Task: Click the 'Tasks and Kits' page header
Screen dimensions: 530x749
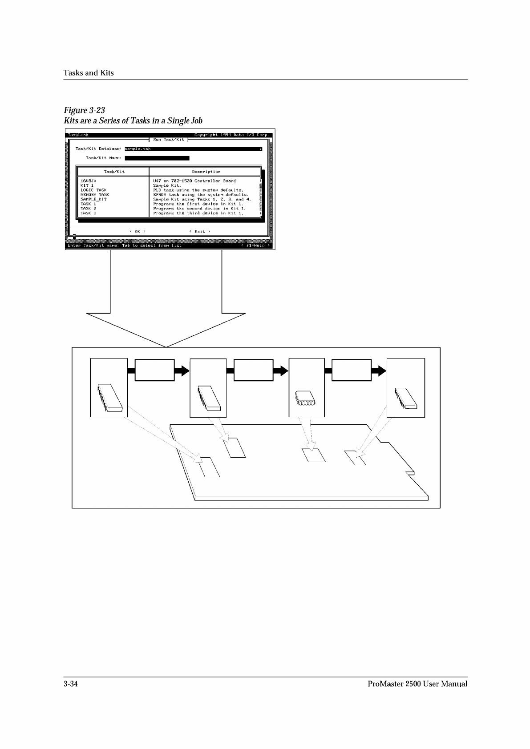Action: (89, 73)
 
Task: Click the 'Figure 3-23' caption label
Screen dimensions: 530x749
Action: (85, 110)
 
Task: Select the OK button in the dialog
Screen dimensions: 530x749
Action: (138, 231)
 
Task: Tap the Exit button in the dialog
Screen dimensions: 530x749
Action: (200, 231)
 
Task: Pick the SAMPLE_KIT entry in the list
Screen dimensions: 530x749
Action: (93, 199)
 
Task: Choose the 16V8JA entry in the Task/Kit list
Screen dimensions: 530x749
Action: (88, 181)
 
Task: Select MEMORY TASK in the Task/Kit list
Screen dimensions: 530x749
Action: (95, 195)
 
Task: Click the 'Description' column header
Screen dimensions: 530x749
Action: (206, 172)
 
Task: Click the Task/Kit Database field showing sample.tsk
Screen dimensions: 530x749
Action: (193, 149)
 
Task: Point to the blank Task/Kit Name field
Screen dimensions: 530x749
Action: (157, 158)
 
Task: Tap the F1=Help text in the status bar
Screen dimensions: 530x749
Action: (255, 246)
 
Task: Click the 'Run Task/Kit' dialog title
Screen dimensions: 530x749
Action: (169, 140)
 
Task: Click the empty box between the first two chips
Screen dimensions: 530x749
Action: (154, 370)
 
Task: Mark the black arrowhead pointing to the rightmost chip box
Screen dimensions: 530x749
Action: (379, 370)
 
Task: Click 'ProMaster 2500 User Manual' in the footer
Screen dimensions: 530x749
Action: (417, 684)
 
